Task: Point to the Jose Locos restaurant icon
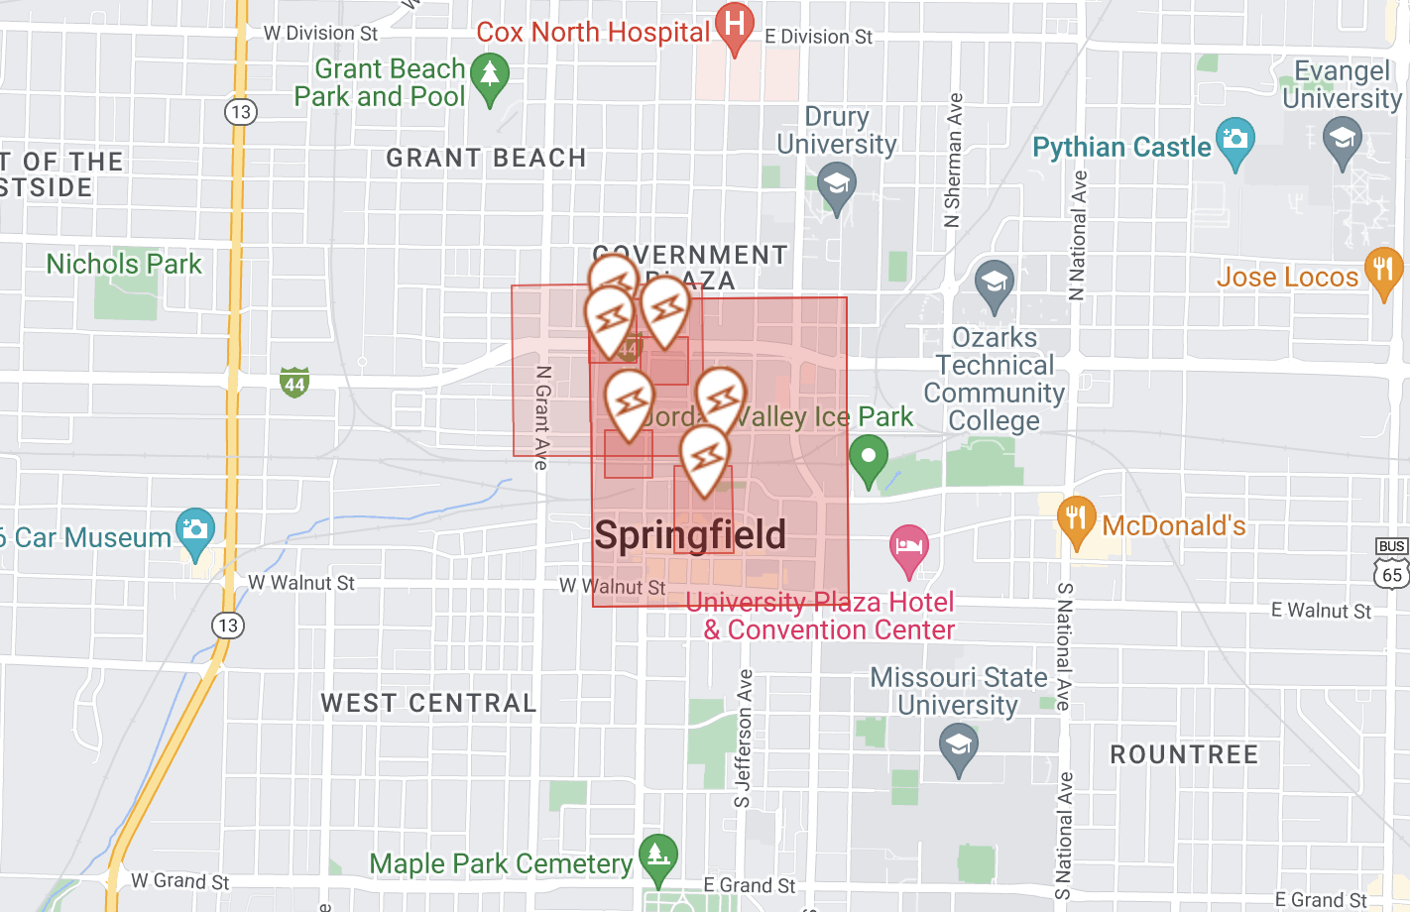(1383, 270)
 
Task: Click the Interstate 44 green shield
(294, 383)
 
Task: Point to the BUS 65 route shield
(1392, 563)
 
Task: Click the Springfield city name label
(690, 535)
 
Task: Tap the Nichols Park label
(124, 265)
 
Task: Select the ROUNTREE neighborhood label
(1184, 754)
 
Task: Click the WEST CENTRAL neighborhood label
(428, 704)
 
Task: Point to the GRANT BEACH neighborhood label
(486, 159)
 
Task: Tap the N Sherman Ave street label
(953, 161)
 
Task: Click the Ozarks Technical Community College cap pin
(994, 284)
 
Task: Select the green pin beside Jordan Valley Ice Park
(869, 458)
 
